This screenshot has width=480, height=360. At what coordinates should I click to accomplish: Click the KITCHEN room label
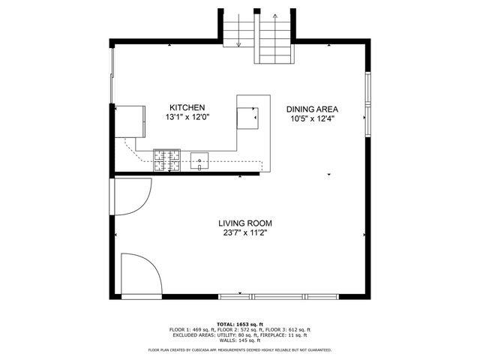point(187,107)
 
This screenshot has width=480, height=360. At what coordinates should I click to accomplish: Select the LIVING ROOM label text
point(244,223)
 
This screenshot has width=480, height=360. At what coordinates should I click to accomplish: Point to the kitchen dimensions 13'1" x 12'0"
point(187,117)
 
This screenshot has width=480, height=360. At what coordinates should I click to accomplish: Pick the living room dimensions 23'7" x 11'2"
point(244,232)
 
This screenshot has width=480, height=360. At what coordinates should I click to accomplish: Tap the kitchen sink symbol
point(199,159)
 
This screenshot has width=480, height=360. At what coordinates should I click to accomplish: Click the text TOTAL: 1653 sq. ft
point(240,324)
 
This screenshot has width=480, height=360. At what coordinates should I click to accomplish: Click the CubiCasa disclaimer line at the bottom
point(240,349)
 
